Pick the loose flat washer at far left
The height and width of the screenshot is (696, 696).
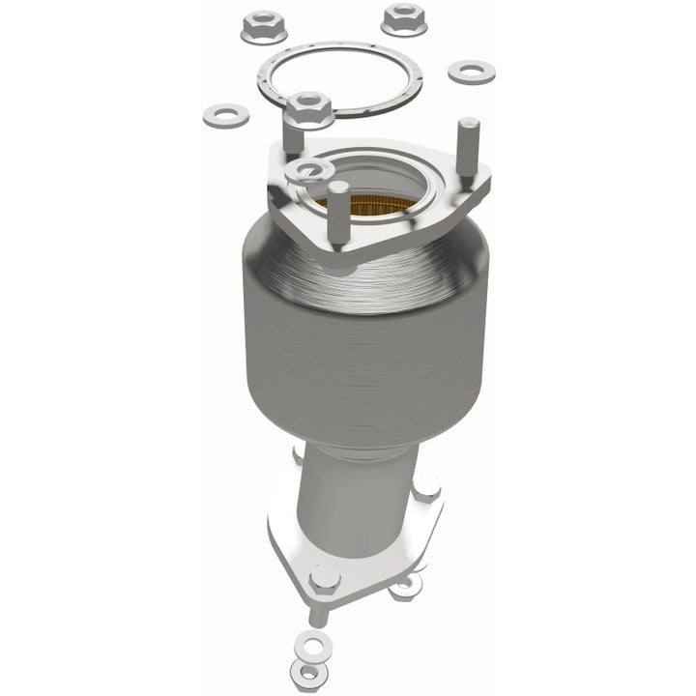tap(225, 116)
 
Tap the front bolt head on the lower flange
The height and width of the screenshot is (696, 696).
tap(324, 581)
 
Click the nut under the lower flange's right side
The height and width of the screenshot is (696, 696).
tap(406, 587)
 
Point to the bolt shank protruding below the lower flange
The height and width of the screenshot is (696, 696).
tap(314, 611)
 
